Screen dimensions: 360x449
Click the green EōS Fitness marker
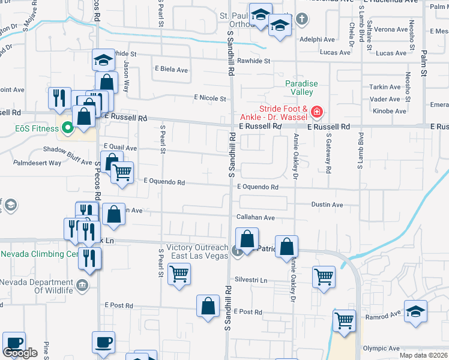(x=68, y=127)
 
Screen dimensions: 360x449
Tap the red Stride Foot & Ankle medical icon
(x=316, y=112)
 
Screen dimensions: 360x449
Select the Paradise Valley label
(x=301, y=88)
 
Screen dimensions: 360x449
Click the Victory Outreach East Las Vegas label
(x=197, y=252)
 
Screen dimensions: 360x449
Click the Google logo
(x=20, y=353)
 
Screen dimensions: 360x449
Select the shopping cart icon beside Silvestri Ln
(x=324, y=277)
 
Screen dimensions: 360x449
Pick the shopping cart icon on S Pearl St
(x=179, y=274)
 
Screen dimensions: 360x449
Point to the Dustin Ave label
(x=327, y=205)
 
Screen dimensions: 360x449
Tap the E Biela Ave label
(x=171, y=70)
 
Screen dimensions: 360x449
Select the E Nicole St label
(x=209, y=98)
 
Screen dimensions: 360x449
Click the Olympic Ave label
(x=381, y=348)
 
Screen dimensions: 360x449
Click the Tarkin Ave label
(x=385, y=87)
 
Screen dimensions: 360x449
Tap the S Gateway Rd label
(x=328, y=158)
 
